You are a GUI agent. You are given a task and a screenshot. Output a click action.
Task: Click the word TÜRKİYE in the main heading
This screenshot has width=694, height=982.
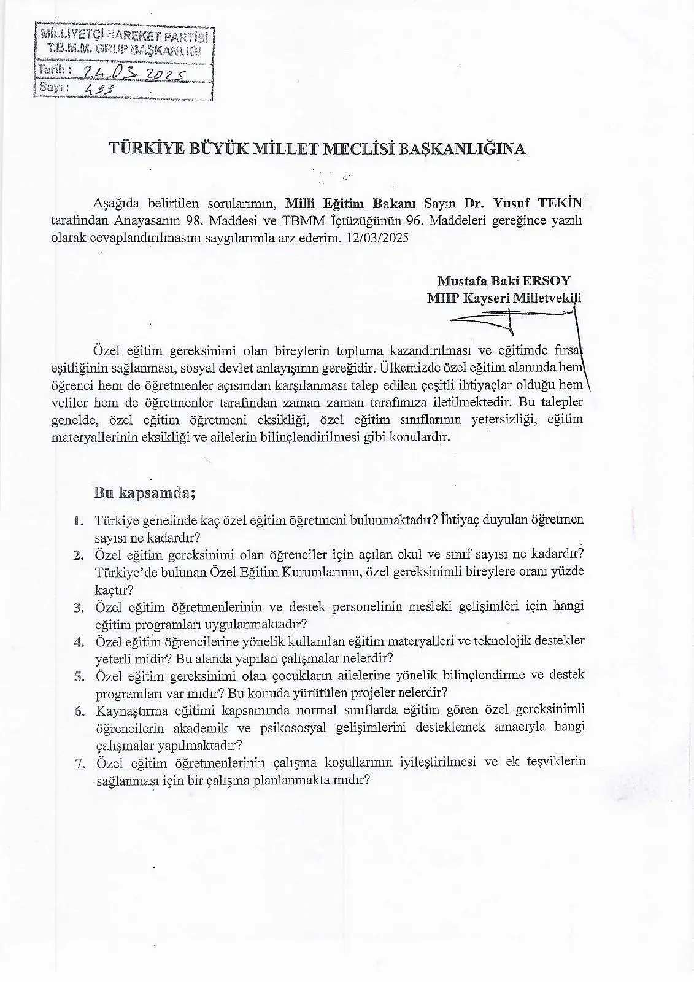tap(141, 149)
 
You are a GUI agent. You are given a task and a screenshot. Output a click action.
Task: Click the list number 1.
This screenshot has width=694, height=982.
tap(79, 521)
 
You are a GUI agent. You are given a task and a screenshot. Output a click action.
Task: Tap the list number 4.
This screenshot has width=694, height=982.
tap(79, 642)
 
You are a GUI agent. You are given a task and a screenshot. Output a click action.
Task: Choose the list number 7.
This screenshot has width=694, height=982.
tap(79, 763)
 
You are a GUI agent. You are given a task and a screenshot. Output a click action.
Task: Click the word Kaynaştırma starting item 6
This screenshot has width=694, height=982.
tap(133, 710)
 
